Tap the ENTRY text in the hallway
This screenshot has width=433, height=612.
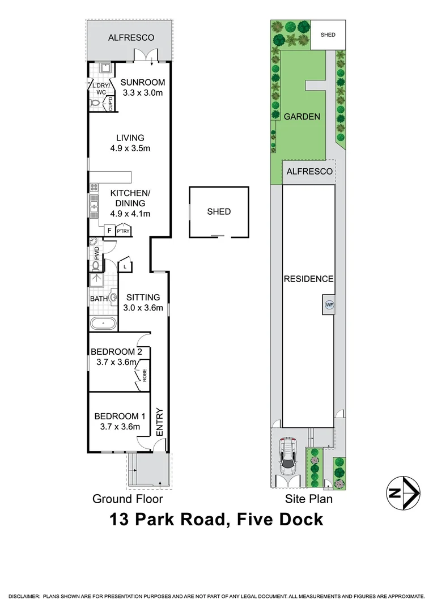(x=160, y=422)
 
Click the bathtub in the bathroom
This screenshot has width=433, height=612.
(x=103, y=324)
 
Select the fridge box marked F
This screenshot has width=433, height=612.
(x=108, y=231)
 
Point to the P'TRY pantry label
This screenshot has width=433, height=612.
(x=122, y=231)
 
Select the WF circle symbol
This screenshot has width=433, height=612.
(x=329, y=304)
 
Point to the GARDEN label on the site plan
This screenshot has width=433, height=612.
(x=302, y=117)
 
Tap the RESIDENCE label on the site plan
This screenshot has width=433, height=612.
(x=309, y=279)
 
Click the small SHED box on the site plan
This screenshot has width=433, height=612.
(x=328, y=35)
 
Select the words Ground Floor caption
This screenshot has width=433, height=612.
(x=128, y=499)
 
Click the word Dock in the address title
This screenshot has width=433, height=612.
(x=296, y=519)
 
